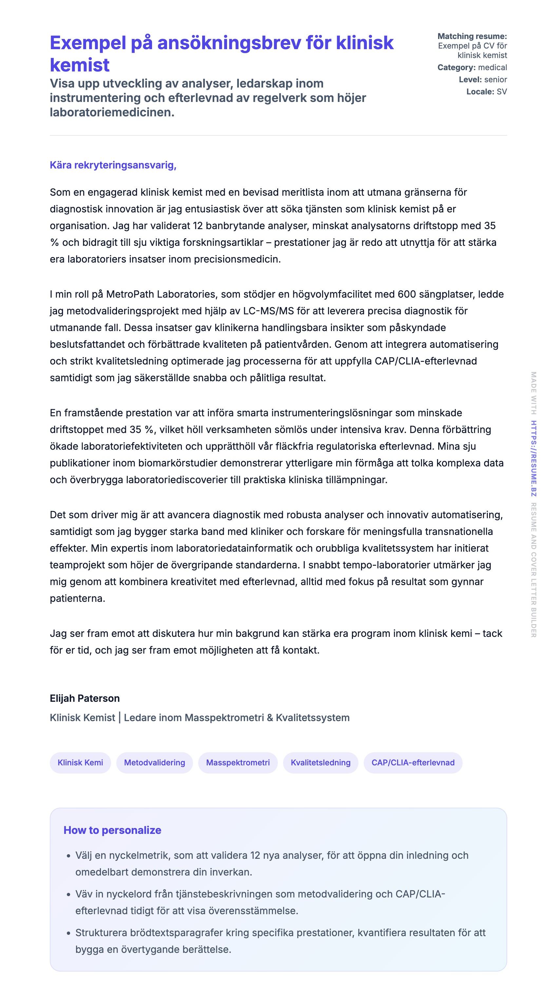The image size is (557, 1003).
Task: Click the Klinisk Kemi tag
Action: coord(80,762)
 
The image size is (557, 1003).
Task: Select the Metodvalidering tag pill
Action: coord(155,762)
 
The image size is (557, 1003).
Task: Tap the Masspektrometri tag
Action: coord(238,762)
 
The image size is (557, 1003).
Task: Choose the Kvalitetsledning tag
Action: coord(320,762)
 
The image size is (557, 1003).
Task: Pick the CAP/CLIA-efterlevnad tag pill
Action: coord(413,762)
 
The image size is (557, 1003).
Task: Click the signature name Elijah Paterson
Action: coord(85,698)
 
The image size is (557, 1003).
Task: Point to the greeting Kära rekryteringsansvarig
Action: coord(113,165)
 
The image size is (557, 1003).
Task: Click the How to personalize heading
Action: coord(112,830)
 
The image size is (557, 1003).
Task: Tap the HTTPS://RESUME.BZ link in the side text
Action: coord(534,458)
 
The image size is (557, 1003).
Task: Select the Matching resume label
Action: coord(472,36)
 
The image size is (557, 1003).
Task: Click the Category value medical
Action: coord(492,68)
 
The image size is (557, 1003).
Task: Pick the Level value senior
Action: coord(495,79)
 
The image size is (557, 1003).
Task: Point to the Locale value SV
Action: coord(501,91)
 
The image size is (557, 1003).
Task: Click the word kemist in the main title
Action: coord(80,65)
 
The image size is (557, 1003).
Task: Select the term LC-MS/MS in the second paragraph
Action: coord(268,311)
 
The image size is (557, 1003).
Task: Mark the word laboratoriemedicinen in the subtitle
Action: coord(112,112)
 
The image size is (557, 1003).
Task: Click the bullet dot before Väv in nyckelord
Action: coord(68,895)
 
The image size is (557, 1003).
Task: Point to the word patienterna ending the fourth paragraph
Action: coord(77,598)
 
